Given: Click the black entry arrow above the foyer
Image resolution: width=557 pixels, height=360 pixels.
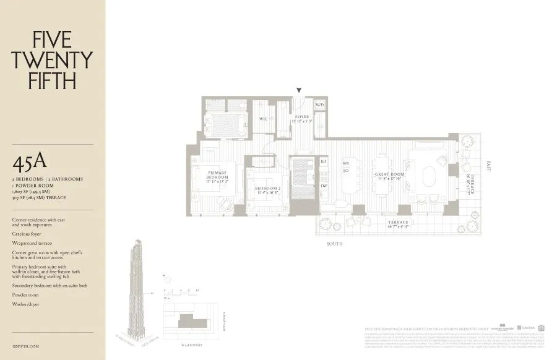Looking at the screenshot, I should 299,90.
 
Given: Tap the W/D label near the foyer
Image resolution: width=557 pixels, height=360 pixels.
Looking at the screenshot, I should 319,105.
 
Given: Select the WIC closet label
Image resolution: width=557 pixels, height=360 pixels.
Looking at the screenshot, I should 263,119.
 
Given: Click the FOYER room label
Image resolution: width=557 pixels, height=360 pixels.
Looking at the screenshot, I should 301,117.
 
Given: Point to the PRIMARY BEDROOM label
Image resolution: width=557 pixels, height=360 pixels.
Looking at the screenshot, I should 217,175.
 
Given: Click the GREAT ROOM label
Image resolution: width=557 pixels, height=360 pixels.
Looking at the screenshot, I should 389,175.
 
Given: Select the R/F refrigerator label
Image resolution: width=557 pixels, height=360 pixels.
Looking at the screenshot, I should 324,161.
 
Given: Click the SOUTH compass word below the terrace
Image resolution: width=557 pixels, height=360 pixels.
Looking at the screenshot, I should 335,244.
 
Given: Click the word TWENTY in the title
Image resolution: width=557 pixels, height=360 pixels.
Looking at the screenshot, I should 52,60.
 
